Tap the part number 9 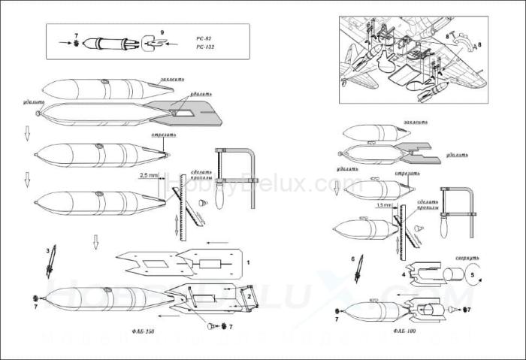point(165,34)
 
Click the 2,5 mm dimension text point(149,175)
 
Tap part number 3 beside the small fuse point(47,250)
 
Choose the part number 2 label point(248,297)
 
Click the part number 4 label point(403,275)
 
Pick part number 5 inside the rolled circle point(472,275)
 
